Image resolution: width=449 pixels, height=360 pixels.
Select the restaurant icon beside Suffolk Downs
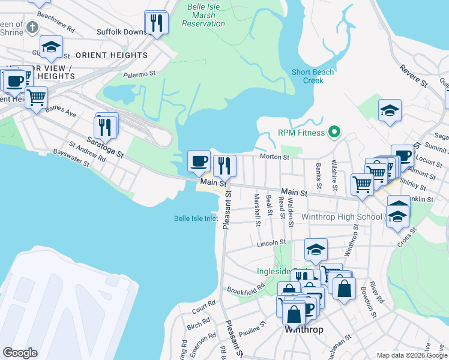(x=157, y=23)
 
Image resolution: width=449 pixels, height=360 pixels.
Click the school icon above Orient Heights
(x=52, y=47)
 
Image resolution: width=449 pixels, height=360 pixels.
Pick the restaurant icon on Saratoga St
(x=106, y=126)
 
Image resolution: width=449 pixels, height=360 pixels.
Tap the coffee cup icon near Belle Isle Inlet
(x=199, y=161)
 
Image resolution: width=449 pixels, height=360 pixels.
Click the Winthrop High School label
(x=342, y=217)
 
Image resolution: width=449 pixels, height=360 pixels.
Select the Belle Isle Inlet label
(x=196, y=218)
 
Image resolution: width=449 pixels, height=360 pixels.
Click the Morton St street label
(x=275, y=157)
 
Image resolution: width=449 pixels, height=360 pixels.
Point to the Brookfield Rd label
(x=246, y=289)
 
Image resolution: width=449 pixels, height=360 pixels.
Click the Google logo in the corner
(x=20, y=353)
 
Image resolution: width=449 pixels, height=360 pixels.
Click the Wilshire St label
(x=334, y=172)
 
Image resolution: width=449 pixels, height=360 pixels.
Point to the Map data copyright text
(x=411, y=355)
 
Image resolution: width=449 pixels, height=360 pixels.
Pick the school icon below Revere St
(x=390, y=111)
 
